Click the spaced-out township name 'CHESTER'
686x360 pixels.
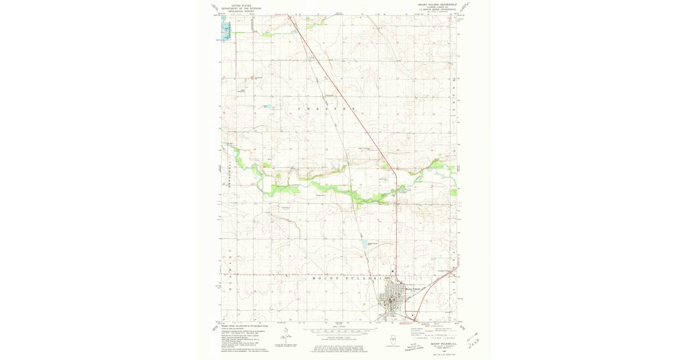(327, 108)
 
